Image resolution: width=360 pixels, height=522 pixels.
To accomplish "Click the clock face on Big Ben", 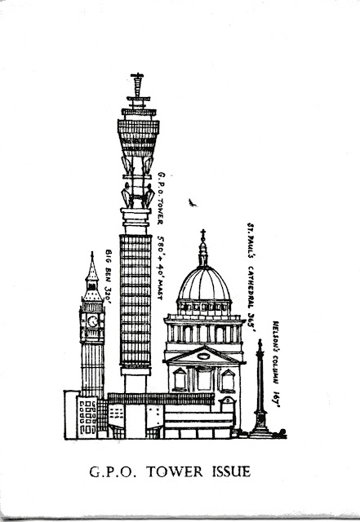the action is click(x=93, y=321).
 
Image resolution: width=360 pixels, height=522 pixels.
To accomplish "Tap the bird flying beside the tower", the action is click(x=192, y=202).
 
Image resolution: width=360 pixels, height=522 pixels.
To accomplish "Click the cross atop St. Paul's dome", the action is click(x=202, y=235).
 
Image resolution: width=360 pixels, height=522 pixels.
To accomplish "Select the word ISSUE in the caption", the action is click(x=231, y=471).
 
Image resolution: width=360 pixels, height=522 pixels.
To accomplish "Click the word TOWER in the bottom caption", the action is click(x=175, y=471).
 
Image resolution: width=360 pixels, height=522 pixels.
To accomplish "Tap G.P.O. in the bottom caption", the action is click(x=113, y=472).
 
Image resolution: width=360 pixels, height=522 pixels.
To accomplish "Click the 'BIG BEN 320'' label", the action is click(x=108, y=276).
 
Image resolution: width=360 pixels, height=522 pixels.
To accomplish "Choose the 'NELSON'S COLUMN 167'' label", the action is click(x=276, y=364).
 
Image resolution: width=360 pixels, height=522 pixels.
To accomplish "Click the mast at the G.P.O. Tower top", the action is click(x=137, y=86).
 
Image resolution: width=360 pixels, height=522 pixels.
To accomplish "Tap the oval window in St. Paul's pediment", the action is click(x=203, y=356).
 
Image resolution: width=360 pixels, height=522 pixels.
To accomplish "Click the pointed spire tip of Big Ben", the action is click(x=92, y=254).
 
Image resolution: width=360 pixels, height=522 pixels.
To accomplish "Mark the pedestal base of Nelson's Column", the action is click(x=260, y=425).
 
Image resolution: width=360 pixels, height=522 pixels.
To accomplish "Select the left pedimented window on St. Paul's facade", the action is click(x=180, y=379).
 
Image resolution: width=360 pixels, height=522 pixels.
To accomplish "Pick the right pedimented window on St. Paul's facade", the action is click(x=228, y=380).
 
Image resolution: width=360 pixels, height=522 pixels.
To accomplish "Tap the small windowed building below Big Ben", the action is click(x=87, y=417).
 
